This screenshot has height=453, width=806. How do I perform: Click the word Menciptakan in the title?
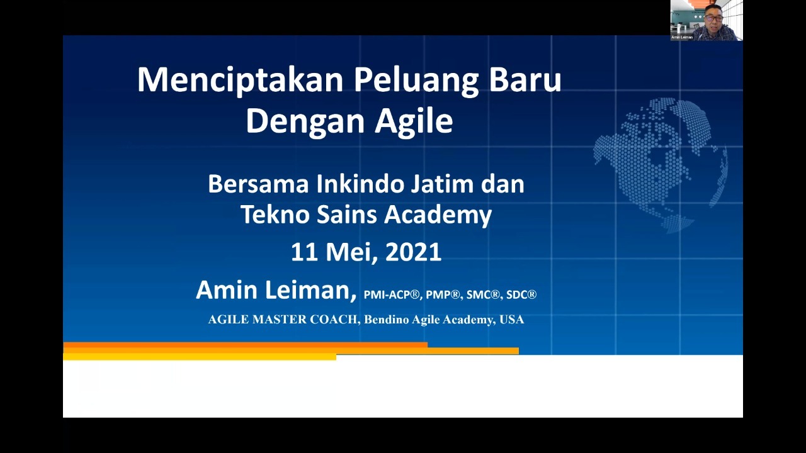241,81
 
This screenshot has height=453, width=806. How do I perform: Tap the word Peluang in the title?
416,81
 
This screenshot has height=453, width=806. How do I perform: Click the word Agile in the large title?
414,121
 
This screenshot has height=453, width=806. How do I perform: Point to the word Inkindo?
360,184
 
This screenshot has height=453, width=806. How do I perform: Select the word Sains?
346,215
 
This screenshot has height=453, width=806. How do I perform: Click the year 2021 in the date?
414,252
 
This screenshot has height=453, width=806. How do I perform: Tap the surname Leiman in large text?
310,290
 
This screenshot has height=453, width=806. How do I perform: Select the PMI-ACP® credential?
392,295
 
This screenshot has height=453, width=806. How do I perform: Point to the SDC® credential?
521,295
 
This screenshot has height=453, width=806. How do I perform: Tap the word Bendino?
386,319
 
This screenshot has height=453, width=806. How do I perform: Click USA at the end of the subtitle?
512,319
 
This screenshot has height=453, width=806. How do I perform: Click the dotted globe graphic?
661,165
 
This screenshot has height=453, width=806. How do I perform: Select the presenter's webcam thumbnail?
707,20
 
